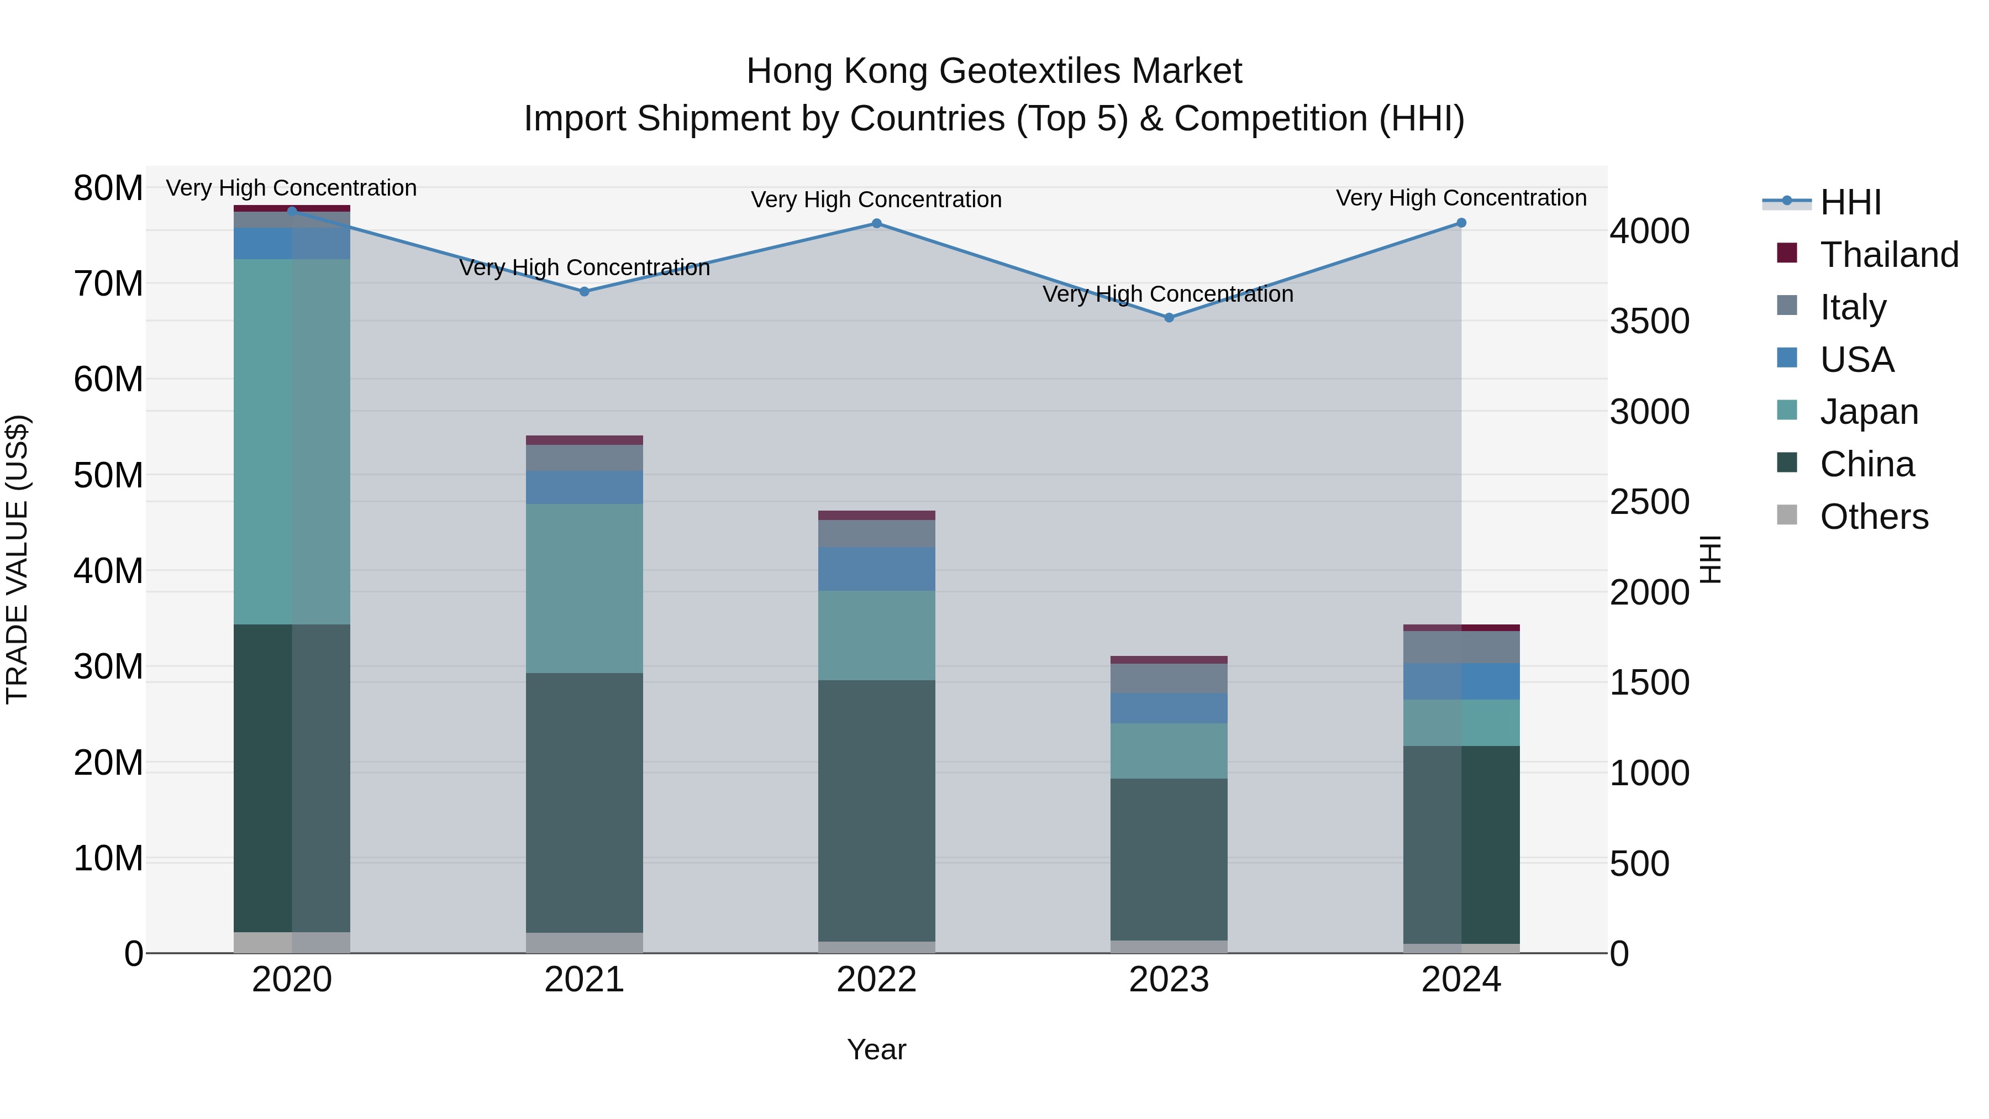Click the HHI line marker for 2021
(x=585, y=291)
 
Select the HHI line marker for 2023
(x=1169, y=317)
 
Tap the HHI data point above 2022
(x=876, y=223)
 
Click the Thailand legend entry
(x=1888, y=255)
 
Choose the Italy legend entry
(x=1853, y=307)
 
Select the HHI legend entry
(x=1850, y=202)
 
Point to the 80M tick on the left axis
(x=108, y=188)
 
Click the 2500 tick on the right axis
(x=1649, y=502)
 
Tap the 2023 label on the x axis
(x=1169, y=980)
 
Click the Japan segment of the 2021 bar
(x=585, y=589)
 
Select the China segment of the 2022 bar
(x=876, y=811)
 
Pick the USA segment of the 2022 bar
(x=876, y=569)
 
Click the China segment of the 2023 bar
(x=1169, y=859)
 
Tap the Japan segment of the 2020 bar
(x=292, y=442)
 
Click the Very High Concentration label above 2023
(x=1167, y=294)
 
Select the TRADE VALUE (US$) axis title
(x=17, y=559)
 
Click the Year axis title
(x=876, y=1049)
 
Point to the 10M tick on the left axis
(x=108, y=858)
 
